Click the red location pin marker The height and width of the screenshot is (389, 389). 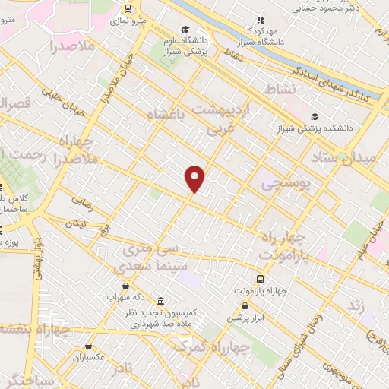click(195, 177)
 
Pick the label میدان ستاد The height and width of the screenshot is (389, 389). click(343, 157)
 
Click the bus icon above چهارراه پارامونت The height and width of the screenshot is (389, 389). click(261, 280)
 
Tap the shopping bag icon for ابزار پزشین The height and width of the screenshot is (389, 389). click(244, 305)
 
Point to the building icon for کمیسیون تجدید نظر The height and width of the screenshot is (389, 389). click(160, 301)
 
